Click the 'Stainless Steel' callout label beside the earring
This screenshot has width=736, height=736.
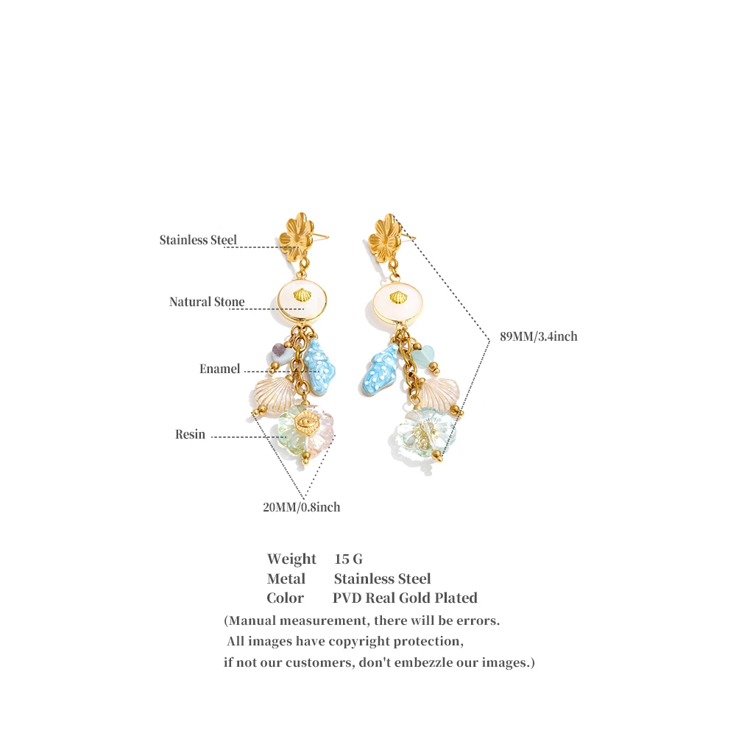click(198, 240)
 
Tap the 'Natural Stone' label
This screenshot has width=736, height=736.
click(207, 301)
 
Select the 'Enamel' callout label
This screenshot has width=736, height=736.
click(219, 369)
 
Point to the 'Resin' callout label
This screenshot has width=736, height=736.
click(190, 434)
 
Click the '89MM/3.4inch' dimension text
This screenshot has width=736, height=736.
click(539, 336)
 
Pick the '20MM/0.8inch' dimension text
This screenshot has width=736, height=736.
click(301, 507)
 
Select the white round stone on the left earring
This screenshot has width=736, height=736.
click(301, 299)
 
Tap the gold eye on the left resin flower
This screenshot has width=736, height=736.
click(307, 422)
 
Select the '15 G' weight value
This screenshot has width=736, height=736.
click(348, 559)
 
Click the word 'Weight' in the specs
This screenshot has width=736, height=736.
click(291, 559)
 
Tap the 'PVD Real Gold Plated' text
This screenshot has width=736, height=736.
click(405, 598)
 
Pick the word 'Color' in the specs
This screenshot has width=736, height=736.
click(286, 598)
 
